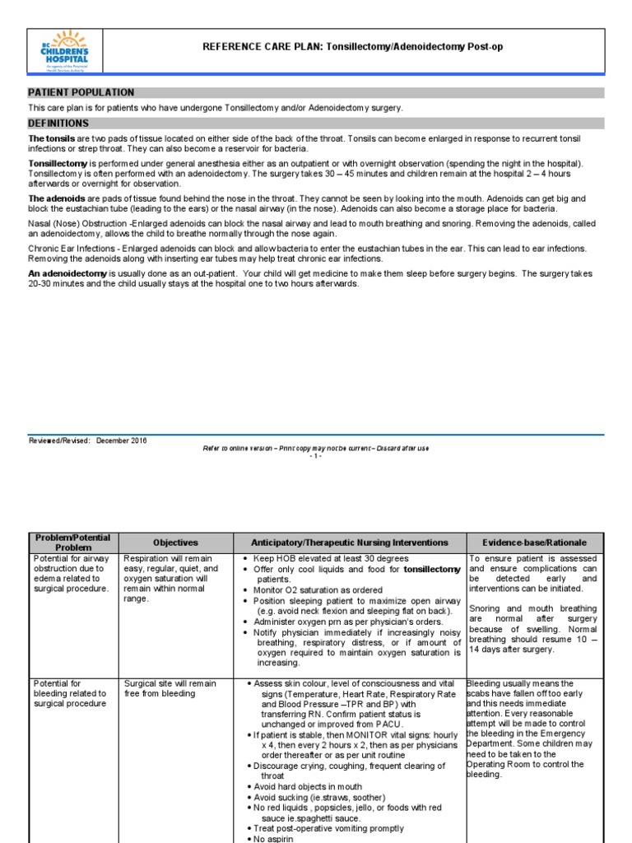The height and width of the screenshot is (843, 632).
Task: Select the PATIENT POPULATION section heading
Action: click(x=81, y=93)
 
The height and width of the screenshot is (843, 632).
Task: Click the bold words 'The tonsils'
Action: click(x=52, y=138)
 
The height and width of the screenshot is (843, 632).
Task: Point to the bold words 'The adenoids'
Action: click(x=54, y=199)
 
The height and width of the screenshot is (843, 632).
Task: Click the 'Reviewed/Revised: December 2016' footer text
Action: click(x=88, y=441)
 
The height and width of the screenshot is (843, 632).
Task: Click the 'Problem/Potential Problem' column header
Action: click(x=73, y=543)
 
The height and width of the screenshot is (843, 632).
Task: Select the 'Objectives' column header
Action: click(x=176, y=543)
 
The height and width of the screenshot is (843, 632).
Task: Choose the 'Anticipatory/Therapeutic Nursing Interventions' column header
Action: click(x=350, y=543)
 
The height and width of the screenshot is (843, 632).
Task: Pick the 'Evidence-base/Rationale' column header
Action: click(x=535, y=543)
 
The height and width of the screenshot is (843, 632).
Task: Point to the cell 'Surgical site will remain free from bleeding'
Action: click(x=170, y=688)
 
